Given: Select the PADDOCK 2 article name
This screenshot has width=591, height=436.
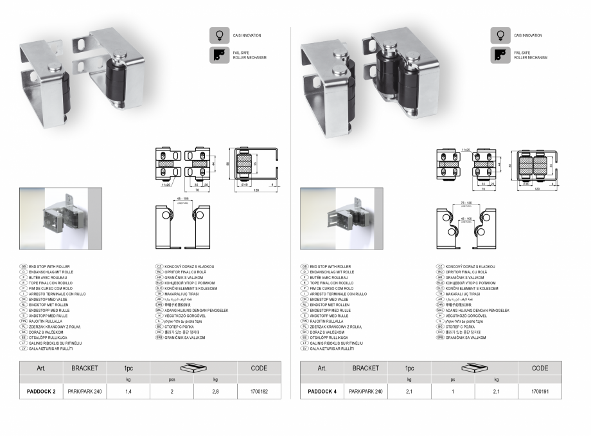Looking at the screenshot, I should coord(37,391).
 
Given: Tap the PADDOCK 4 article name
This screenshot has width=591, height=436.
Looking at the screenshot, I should coord(318,391).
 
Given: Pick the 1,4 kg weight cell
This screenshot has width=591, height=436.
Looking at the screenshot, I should coord(128,391).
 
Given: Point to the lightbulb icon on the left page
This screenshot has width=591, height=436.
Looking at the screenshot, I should coord(220,35).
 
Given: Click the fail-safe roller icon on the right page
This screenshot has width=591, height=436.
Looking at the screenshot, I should coord(500,55).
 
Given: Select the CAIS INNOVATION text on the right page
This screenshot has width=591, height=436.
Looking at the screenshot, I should coord(528,35).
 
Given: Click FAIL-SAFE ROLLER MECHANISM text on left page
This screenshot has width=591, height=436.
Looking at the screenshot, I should coord(249,55).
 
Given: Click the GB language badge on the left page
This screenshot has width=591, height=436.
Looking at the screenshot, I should coord(24,266).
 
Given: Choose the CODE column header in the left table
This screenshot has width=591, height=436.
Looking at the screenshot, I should coord(258,368).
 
